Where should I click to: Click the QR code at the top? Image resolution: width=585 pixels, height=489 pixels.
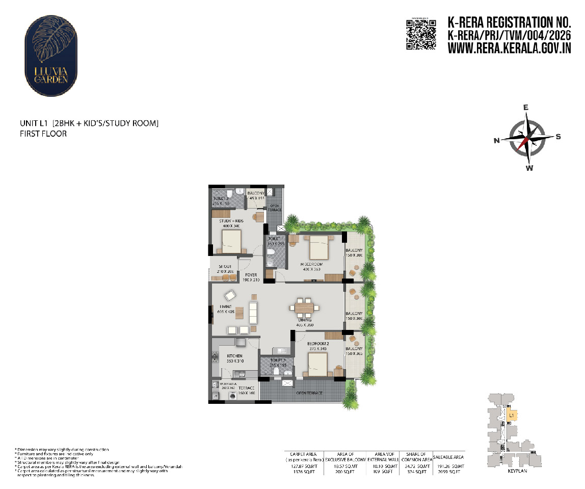(x=420, y=35)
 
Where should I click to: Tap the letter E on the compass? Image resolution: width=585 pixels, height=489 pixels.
(x=526, y=108)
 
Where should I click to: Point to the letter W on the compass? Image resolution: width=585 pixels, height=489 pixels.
(x=529, y=168)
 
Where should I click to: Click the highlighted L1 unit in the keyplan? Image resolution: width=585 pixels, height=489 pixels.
(x=512, y=416)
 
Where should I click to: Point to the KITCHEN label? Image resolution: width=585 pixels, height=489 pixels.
(x=235, y=355)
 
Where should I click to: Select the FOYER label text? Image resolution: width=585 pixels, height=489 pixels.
(x=251, y=275)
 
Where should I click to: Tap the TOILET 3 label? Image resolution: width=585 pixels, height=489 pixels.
(x=221, y=198)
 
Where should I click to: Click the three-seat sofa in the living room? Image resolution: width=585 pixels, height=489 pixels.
(x=253, y=312)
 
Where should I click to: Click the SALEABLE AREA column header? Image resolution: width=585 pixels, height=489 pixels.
(x=448, y=457)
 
